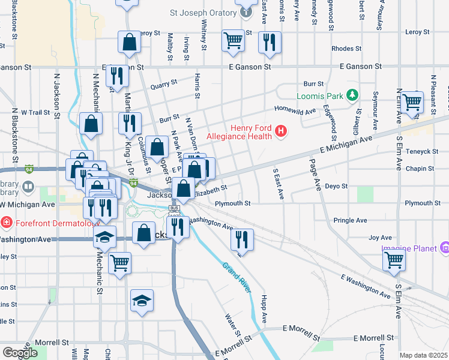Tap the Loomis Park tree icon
(x=352, y=95)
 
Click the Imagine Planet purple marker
(x=444, y=247)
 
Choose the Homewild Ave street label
(x=295, y=110)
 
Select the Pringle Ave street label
(x=350, y=221)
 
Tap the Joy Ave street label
(x=380, y=238)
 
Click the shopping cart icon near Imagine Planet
(x=394, y=260)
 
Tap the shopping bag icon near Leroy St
(x=130, y=42)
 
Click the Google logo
(x=20, y=352)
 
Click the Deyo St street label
(x=336, y=187)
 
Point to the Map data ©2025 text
(x=423, y=355)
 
